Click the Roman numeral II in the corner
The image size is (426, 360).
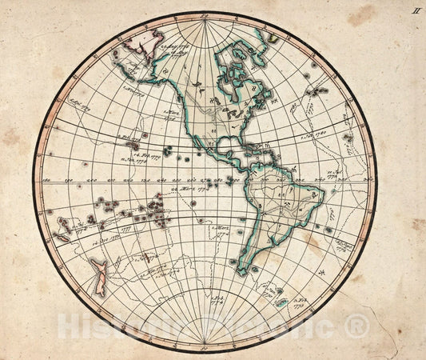[416, 10]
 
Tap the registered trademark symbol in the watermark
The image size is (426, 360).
[357, 326]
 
